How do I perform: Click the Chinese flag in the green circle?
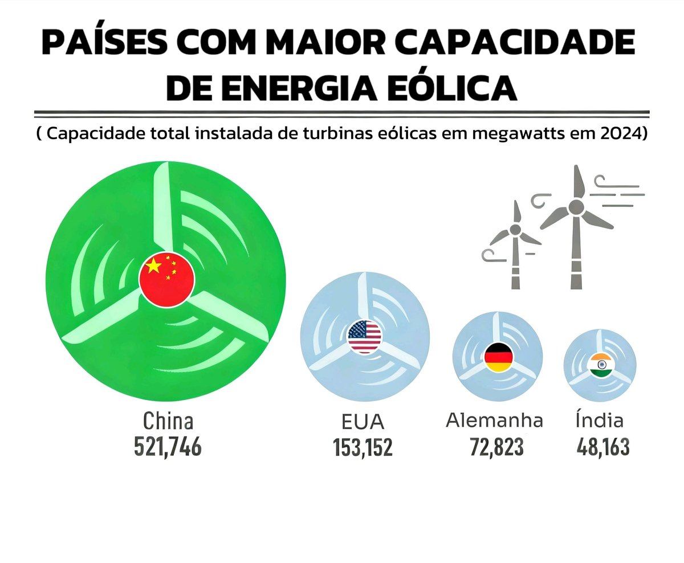click(167, 279)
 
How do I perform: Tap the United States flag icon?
click(364, 336)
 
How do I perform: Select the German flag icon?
click(499, 358)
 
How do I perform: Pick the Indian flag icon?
click(600, 365)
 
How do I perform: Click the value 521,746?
click(168, 446)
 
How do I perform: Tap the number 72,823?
click(496, 446)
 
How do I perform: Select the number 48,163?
click(603, 446)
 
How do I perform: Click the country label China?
click(168, 421)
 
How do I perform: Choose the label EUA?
click(364, 422)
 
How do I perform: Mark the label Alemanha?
click(494, 421)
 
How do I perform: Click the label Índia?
click(599, 420)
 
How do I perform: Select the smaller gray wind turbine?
click(515, 245)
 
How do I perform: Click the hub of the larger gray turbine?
click(577, 206)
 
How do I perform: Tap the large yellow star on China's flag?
click(153, 266)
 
